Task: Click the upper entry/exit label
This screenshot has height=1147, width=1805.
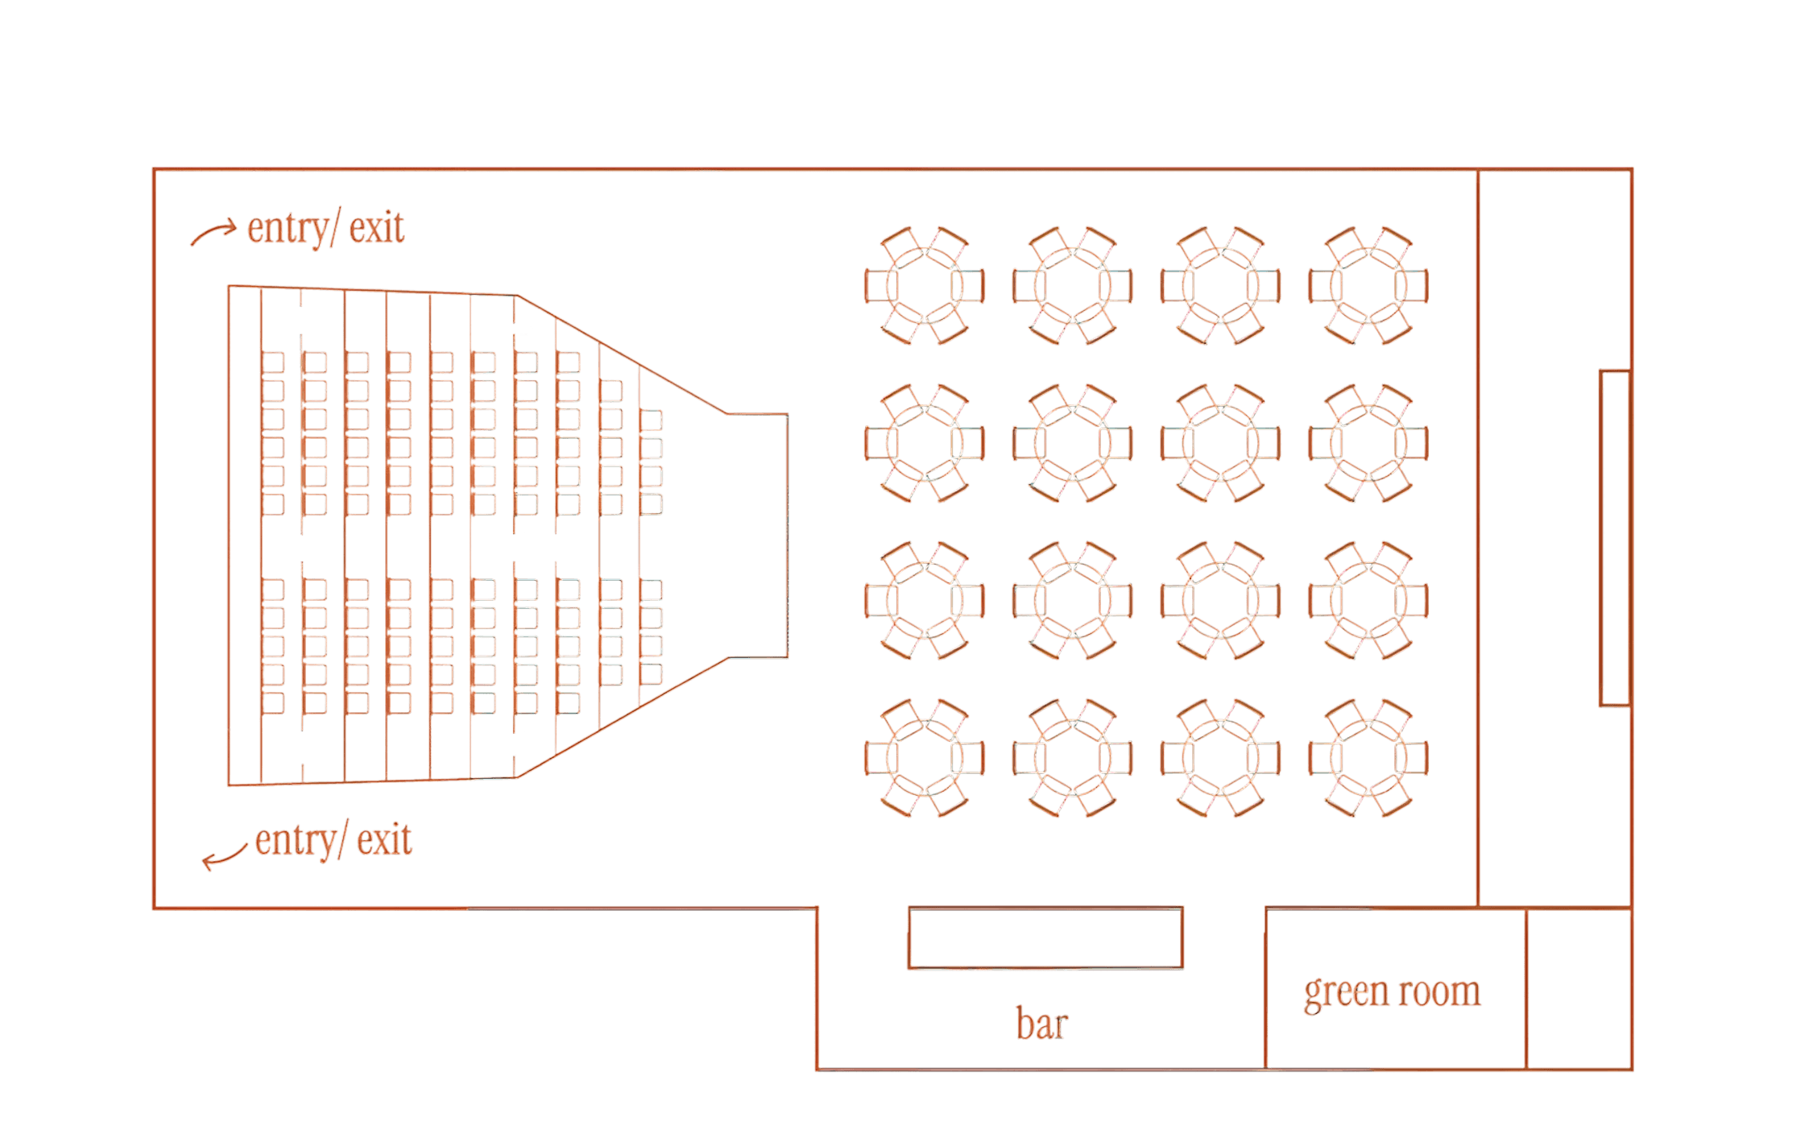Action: point(325,229)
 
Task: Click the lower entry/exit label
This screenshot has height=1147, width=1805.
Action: point(333,841)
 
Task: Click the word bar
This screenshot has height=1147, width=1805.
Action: point(1041,1025)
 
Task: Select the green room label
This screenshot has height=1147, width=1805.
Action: point(1392,992)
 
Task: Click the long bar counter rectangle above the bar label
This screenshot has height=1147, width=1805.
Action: point(1045,938)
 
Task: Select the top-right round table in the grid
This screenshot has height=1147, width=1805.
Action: point(1368,286)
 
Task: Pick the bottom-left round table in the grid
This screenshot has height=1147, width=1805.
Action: point(925,758)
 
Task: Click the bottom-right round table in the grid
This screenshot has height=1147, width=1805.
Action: point(1368,758)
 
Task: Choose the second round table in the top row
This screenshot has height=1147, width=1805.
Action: point(1072,286)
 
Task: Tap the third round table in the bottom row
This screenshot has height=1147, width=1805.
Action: point(1220,758)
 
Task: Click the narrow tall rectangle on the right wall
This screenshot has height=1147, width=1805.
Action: point(1615,538)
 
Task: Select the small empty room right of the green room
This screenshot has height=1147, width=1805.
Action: point(1579,989)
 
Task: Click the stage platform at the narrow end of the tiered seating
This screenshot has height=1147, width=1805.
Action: point(757,536)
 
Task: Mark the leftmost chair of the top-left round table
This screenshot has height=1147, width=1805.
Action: point(878,286)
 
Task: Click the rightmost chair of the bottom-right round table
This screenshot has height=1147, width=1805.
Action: point(1416,758)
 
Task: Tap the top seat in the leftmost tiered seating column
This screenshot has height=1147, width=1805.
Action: point(273,362)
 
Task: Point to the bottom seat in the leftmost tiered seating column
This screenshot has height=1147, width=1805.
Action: point(273,702)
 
